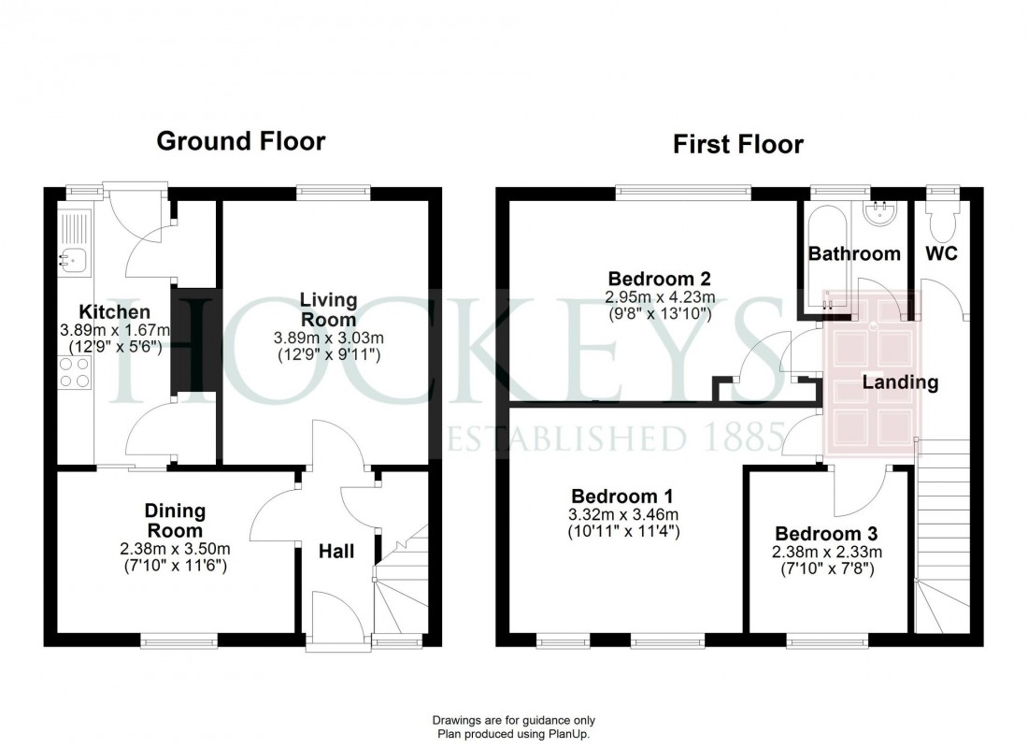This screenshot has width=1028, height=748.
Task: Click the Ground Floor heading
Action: [240, 141]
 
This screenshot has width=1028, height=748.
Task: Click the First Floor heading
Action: [737, 145]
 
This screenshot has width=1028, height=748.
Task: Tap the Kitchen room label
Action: [114, 311]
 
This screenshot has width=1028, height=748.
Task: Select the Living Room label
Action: [328, 309]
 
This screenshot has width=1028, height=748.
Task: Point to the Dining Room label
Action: [175, 521]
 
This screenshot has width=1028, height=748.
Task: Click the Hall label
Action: [336, 552]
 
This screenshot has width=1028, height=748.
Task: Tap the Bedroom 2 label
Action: [660, 278]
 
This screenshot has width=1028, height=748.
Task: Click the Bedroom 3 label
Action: [826, 534]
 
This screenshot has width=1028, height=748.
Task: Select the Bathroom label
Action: [854, 253]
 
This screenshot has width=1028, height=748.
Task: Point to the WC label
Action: [941, 253]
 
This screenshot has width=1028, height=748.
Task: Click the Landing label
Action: [900, 381]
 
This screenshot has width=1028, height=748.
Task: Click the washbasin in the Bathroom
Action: [879, 214]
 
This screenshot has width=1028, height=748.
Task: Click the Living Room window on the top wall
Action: [335, 193]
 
